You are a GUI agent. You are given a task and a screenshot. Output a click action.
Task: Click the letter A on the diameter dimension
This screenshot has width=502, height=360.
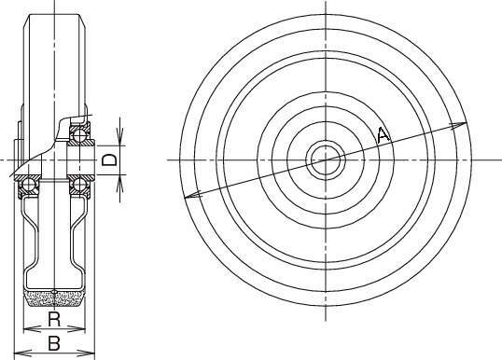coord(383,134)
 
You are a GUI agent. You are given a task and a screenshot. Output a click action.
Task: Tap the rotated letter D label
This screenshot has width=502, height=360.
coord(110,159)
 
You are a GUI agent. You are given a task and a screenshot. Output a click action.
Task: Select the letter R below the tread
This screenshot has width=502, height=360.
coord(54,319)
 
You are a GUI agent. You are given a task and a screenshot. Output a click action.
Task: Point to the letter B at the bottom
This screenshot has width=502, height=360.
coord(54,344)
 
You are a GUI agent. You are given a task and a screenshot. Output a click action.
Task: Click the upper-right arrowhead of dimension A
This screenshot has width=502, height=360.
coord(458,125)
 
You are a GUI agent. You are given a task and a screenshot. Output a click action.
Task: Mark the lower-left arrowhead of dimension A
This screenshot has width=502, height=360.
coord(193,195)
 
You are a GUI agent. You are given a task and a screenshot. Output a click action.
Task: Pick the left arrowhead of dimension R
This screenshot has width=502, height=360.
coord(32,329)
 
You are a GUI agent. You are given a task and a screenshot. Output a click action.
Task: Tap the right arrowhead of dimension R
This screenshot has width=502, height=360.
coord(77,329)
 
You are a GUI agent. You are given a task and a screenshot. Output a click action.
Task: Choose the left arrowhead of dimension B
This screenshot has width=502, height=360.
coord(23,353)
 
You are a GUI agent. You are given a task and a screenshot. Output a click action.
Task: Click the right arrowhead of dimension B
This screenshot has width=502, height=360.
coord(87,353)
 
